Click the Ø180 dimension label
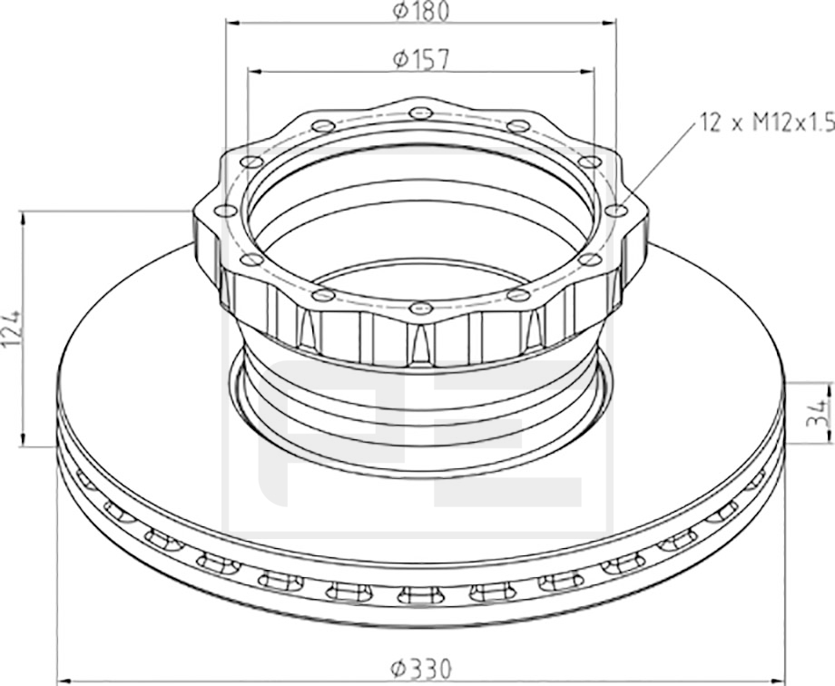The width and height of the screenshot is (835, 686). coord(421,11)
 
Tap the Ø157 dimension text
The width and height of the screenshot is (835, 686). coord(421,59)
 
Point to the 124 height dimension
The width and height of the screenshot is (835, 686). coord(12,328)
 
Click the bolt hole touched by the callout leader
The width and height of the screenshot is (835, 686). coord(616,211)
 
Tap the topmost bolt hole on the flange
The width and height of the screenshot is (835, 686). coord(421,113)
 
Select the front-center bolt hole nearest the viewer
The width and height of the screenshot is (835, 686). coord(421,308)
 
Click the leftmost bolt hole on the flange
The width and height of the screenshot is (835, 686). coord(225,211)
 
